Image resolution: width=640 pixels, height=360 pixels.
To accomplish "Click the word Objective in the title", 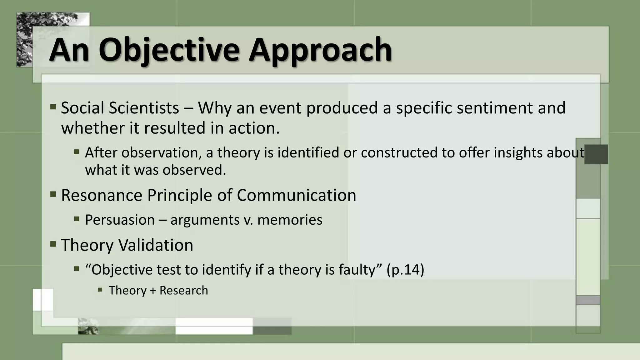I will click(x=169, y=50).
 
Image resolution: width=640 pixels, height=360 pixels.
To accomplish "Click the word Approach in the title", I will click(x=320, y=50).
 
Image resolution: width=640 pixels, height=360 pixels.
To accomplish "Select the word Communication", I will click(x=296, y=195).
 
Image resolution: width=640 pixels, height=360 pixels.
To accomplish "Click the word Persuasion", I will click(x=120, y=220).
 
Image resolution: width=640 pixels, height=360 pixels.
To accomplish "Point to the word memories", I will click(x=290, y=220).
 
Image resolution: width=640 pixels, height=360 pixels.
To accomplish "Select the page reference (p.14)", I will click(x=405, y=270).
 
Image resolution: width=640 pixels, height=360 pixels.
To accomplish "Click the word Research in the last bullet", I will click(x=183, y=290).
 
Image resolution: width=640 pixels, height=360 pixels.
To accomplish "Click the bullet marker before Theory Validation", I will click(x=53, y=243).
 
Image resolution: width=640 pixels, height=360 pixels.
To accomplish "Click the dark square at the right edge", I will click(x=596, y=154).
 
